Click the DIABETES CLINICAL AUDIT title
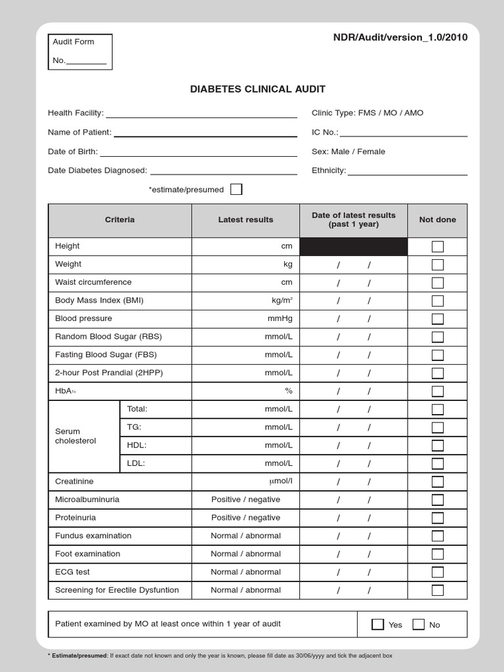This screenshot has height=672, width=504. (x=257, y=89)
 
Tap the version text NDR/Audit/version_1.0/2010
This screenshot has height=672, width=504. (x=400, y=37)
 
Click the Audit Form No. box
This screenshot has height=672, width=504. (x=80, y=52)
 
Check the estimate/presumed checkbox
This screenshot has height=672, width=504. (x=236, y=190)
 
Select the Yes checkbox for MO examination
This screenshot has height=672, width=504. (x=377, y=624)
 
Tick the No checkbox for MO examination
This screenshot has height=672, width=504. (x=419, y=624)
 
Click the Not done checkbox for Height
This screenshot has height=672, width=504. (x=438, y=247)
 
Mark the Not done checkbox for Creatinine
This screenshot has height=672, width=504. (x=438, y=482)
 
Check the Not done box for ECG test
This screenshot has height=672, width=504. (x=438, y=572)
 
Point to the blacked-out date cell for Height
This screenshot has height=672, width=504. (x=354, y=247)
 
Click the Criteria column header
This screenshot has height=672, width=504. (x=120, y=220)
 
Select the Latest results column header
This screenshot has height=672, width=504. (x=245, y=220)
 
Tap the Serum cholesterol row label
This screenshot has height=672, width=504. (x=75, y=436)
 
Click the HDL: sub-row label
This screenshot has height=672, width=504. (x=136, y=445)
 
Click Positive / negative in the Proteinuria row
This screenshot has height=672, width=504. (x=245, y=518)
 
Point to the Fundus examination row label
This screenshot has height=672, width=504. (x=93, y=536)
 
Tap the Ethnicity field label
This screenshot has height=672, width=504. (x=329, y=171)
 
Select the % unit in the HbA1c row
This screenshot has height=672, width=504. (x=288, y=391)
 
